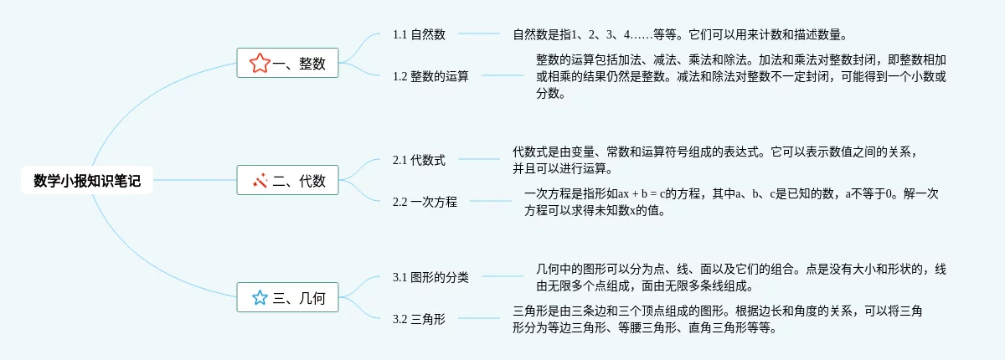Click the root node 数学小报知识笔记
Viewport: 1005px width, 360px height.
pyautogui.click(x=87, y=179)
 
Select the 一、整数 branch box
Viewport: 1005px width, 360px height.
pyautogui.click(x=288, y=63)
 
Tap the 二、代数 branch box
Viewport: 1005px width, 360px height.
pyautogui.click(x=288, y=179)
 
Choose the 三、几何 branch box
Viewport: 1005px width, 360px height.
pyautogui.click(x=288, y=297)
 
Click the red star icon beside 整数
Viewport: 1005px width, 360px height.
pyautogui.click(x=260, y=63)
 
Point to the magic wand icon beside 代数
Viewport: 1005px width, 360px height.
pyautogui.click(x=260, y=179)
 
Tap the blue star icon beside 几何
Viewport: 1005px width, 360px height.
pyautogui.click(x=260, y=297)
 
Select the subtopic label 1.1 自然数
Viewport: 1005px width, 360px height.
pyautogui.click(x=419, y=34)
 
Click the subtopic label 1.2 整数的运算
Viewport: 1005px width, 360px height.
pyautogui.click(x=430, y=76)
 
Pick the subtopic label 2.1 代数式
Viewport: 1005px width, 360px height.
pyautogui.click(x=419, y=160)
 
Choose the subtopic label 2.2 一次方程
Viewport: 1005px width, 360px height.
pyautogui.click(x=425, y=202)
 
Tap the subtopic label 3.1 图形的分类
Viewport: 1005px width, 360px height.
pyautogui.click(x=430, y=277)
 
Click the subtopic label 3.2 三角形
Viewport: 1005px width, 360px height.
pyautogui.click(x=419, y=319)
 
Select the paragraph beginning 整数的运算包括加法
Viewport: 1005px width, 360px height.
pyautogui.click(x=741, y=76)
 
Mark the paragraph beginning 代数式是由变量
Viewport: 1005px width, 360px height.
pyautogui.click(x=720, y=160)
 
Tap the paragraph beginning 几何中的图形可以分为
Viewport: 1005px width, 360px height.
pyautogui.click(x=741, y=277)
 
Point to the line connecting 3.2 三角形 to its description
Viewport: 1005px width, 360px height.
pyautogui.click(x=479, y=318)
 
